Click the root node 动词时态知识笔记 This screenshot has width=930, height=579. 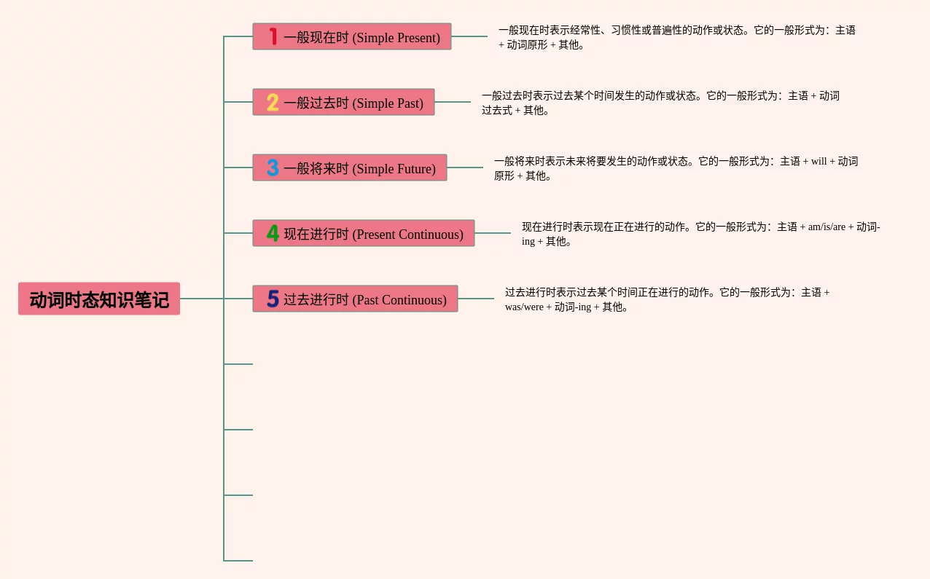click(x=99, y=299)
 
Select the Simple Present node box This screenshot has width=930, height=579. click(x=352, y=36)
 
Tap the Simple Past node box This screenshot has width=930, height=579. click(x=343, y=102)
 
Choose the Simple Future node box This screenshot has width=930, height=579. click(x=350, y=168)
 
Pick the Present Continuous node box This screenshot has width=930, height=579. click(x=364, y=233)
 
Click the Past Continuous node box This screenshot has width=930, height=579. click(x=355, y=299)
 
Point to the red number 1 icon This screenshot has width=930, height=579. click(x=273, y=36)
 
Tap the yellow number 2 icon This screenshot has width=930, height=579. click(x=273, y=102)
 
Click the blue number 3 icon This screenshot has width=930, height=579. click(x=273, y=168)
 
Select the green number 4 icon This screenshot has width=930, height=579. click(x=273, y=233)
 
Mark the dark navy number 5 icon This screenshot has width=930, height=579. click(x=273, y=299)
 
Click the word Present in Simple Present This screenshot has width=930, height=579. click(x=417, y=38)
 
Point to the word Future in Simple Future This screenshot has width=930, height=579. click(x=414, y=169)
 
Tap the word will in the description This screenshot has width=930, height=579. click(x=819, y=161)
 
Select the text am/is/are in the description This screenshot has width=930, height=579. click(x=827, y=227)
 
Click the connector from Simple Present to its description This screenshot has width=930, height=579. click(x=469, y=36)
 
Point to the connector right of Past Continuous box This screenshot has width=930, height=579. click(x=476, y=299)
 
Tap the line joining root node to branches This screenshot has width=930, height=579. click(x=202, y=299)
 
